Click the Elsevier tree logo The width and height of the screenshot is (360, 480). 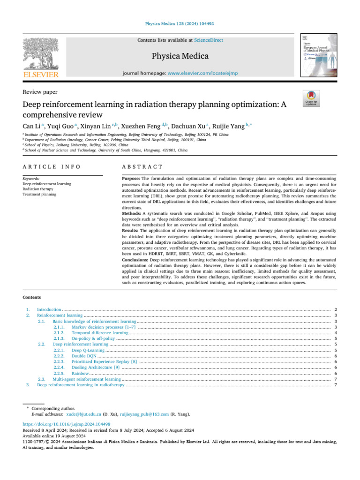41,53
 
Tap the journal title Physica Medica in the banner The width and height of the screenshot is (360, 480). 180,57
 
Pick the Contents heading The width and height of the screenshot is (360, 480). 32,297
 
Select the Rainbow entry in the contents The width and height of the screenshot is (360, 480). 80,373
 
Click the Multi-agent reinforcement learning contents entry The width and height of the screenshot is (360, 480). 86,379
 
